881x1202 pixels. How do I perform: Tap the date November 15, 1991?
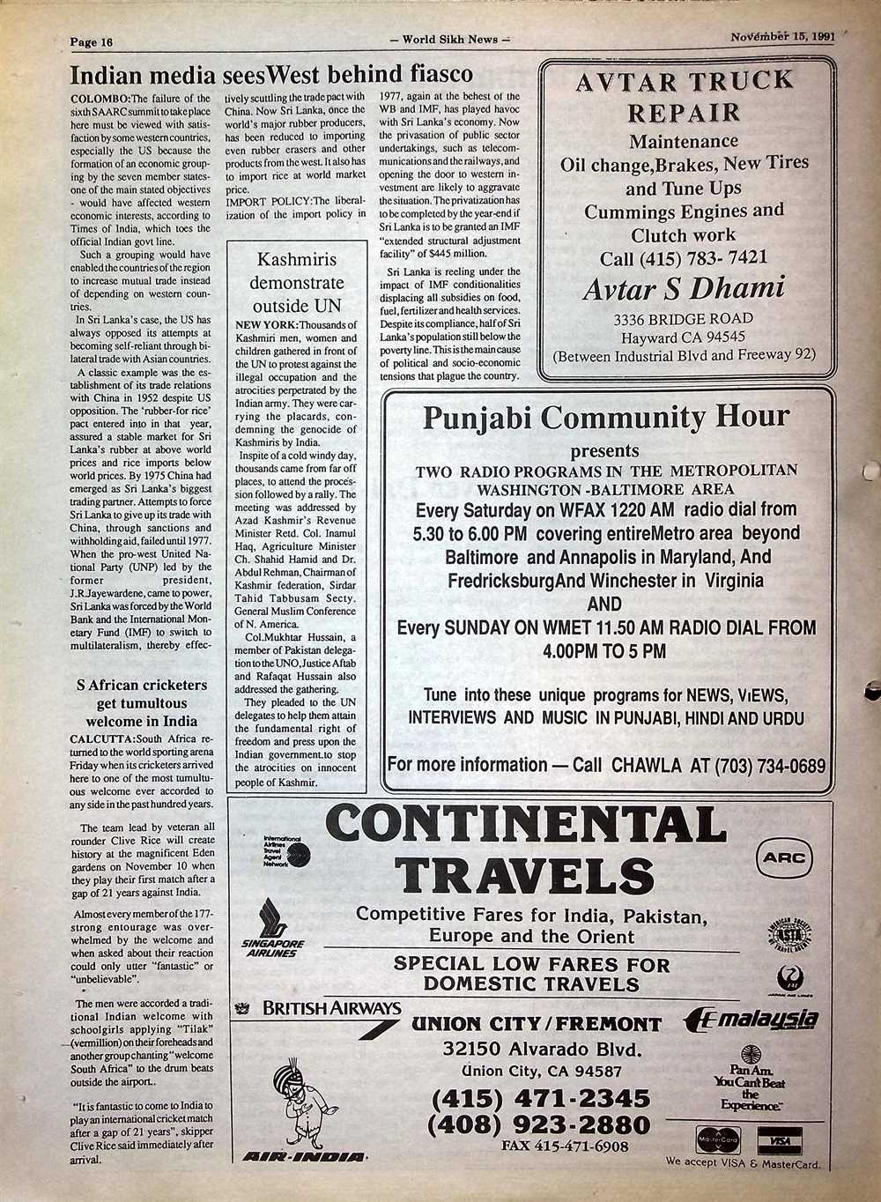pos(781,38)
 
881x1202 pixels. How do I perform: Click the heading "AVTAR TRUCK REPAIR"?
pos(684,97)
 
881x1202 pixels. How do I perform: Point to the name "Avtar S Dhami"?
pos(683,289)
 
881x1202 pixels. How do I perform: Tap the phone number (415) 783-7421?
pos(683,258)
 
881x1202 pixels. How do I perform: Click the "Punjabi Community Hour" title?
pos(606,417)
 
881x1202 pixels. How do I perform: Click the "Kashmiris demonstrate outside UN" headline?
pos(297,283)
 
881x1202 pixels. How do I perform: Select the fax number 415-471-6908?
pos(565,1146)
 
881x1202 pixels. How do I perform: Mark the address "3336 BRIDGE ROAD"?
pos(683,319)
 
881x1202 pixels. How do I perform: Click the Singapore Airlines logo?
pos(272,930)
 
